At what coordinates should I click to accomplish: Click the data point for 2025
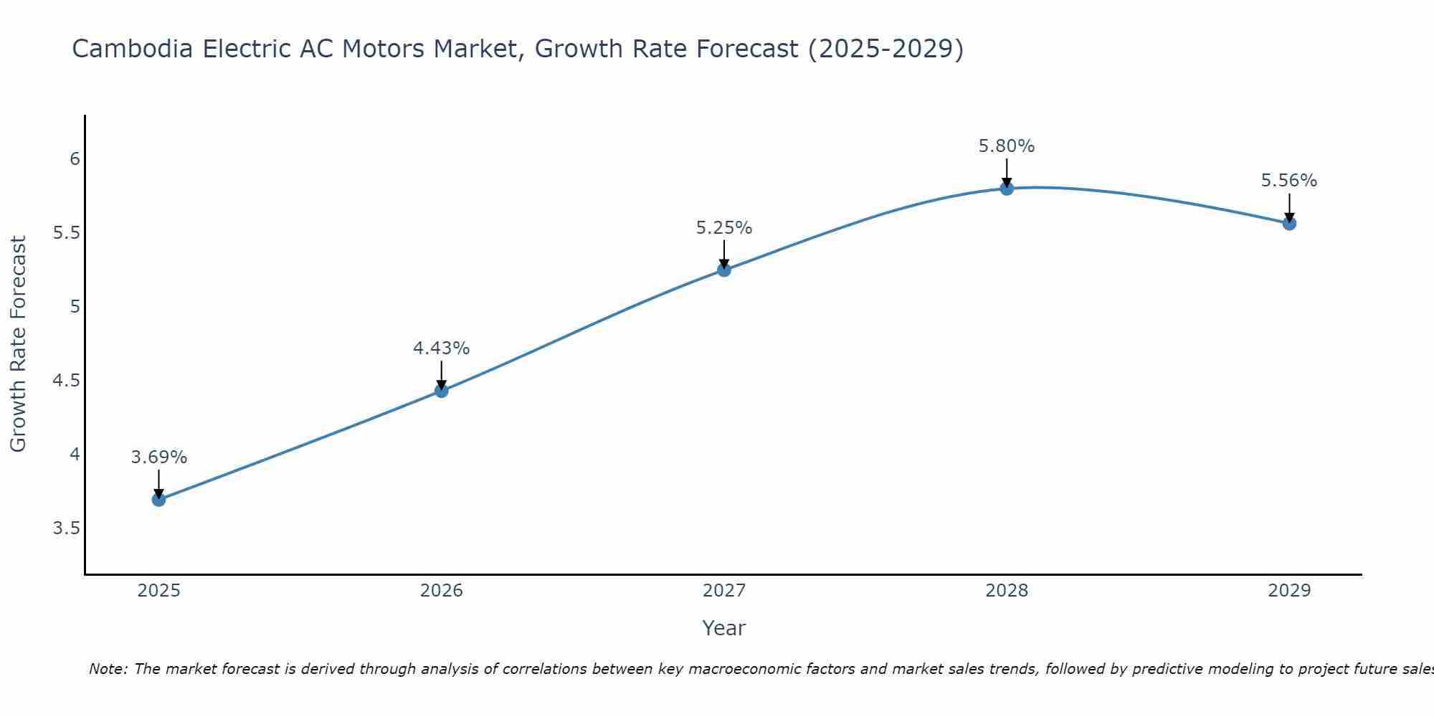158,499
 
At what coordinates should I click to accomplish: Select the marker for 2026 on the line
442,391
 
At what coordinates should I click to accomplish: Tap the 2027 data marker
724,270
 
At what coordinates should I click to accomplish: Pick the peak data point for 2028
1007,188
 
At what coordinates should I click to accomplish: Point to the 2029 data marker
1289,223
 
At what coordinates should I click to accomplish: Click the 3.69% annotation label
159,457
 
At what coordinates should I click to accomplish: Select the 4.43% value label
442,348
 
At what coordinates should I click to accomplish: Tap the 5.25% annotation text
724,228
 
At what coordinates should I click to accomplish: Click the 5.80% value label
1007,146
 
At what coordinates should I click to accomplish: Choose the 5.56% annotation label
1289,181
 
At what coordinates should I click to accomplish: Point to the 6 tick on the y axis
75,158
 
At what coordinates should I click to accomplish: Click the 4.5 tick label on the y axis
66,380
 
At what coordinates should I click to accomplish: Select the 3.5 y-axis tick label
66,528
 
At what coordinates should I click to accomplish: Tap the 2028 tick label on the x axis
1007,591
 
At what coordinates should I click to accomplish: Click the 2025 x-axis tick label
159,591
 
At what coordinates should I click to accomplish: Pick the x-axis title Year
724,628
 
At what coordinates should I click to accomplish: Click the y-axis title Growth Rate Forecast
19,344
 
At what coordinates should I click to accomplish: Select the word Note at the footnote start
108,669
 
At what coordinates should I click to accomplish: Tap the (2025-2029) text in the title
885,49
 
